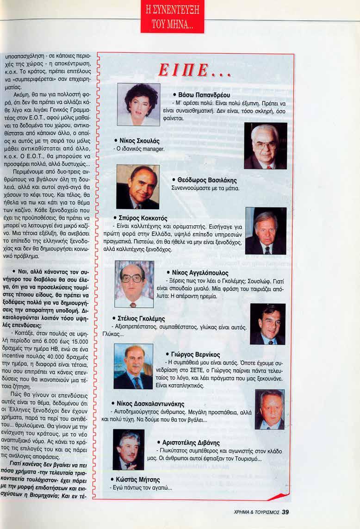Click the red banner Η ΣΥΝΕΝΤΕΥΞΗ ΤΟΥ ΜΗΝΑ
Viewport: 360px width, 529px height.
click(x=172, y=17)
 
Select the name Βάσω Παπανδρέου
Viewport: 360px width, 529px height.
click(x=201, y=95)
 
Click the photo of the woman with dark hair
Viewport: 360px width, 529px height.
click(x=138, y=104)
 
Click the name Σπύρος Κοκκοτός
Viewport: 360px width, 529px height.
click(x=140, y=218)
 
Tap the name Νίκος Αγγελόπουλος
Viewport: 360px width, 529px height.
click(x=202, y=273)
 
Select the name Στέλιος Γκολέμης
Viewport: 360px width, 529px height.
click(x=140, y=318)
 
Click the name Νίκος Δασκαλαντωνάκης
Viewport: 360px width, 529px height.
click(x=151, y=404)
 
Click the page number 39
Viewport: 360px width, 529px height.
click(x=285, y=511)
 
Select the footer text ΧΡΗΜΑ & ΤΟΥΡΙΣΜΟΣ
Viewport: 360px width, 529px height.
click(x=256, y=512)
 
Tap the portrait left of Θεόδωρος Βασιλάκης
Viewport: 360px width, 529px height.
click(x=137, y=187)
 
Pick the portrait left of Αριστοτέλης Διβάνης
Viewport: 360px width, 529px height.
click(x=128, y=449)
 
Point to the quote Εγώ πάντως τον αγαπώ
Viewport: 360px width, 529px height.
click(x=141, y=488)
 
